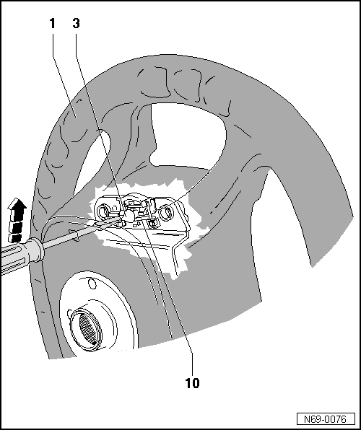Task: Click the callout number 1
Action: coord(52,24)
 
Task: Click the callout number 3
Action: coord(76,24)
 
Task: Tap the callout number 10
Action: coord(192,383)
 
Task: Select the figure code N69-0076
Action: coord(326,419)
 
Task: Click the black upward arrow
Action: coord(17,219)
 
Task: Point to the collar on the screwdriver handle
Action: coord(37,250)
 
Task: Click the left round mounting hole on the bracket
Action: coord(104,211)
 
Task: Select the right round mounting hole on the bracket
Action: coord(166,213)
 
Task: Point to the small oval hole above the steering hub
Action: coord(92,283)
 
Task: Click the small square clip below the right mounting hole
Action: coord(152,224)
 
